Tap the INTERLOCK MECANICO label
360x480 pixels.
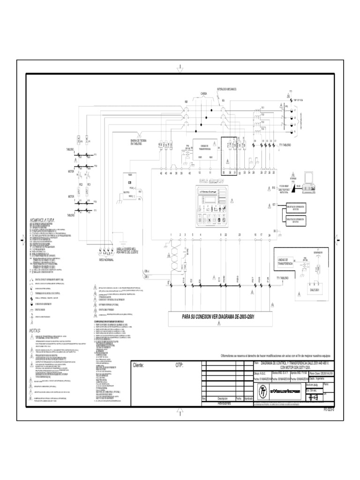(x=226, y=89)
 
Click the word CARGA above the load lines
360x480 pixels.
(x=203, y=94)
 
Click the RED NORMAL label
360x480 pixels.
(x=106, y=258)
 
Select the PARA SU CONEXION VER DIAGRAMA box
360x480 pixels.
(x=220, y=317)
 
